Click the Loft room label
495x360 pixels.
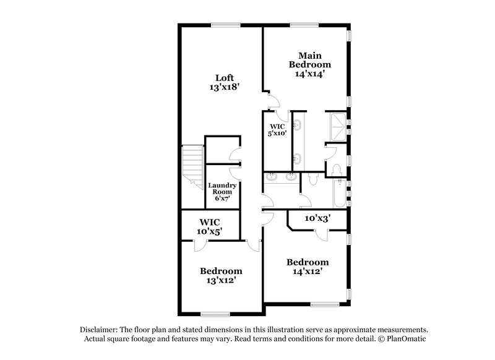[x=224, y=78]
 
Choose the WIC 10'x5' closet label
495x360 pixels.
[x=210, y=226]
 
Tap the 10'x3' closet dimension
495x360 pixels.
[x=318, y=218]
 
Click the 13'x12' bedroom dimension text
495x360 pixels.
[x=221, y=281]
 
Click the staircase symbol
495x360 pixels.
[x=192, y=166]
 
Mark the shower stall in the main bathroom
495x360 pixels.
[x=337, y=127]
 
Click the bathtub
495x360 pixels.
[x=339, y=193]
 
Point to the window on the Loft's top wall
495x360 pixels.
[x=225, y=25]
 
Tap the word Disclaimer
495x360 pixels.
[x=100, y=330]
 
